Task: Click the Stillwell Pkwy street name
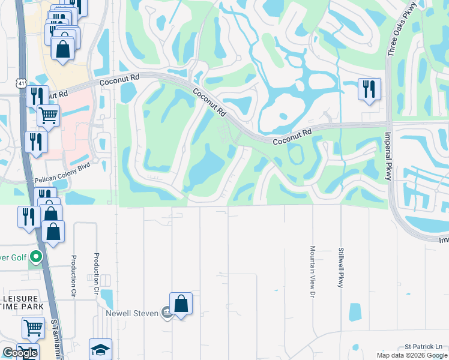coord(340,267)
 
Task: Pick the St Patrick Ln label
coord(423,347)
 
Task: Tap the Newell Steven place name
coord(131,313)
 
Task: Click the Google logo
coord(20,353)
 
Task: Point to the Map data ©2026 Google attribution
coord(411,355)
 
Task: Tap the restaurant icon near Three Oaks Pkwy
coord(369,89)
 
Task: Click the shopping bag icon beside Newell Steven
coord(181,304)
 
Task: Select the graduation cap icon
coord(100,350)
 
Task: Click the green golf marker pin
coord(36,257)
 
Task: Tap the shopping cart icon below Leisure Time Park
coord(33,328)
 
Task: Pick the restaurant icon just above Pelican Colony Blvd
coord(35,142)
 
